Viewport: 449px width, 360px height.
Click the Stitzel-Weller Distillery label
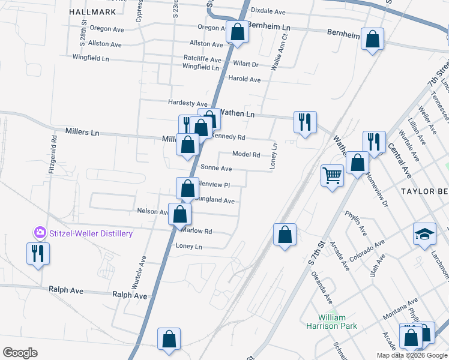[90, 233]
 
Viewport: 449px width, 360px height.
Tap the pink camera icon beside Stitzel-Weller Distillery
[40, 232]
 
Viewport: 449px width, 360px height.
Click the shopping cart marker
[332, 176]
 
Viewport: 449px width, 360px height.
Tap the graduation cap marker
[424, 234]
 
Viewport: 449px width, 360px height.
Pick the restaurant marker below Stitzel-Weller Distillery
[37, 253]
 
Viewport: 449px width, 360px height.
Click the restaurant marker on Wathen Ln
[305, 122]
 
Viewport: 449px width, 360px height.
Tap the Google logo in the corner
[20, 352]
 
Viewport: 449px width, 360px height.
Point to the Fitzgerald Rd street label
[54, 155]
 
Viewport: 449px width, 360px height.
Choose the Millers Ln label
[82, 132]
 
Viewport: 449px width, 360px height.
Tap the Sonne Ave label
[216, 169]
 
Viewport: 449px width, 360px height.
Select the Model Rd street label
[246, 154]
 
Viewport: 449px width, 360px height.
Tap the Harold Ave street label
[244, 79]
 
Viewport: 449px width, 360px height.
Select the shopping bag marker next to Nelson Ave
[179, 214]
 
